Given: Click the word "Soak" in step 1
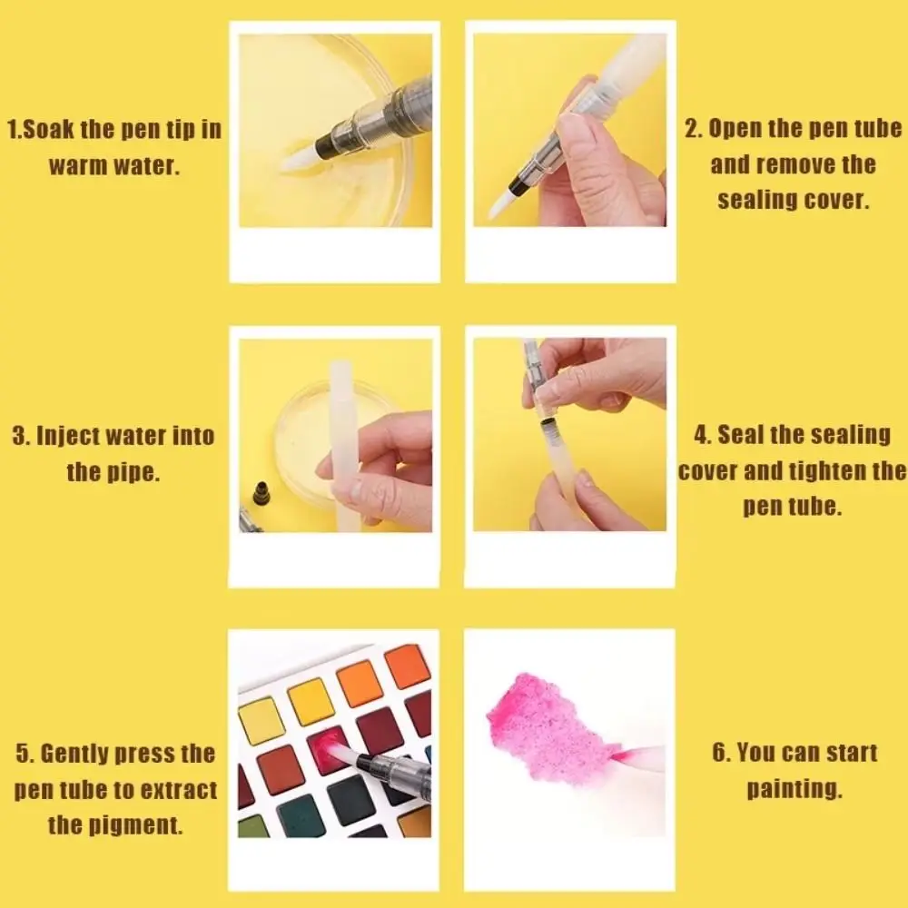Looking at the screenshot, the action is (x=48, y=129).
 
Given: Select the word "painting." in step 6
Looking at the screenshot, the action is (x=794, y=789).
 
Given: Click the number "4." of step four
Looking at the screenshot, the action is (x=704, y=436).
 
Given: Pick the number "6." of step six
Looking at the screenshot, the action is (x=721, y=753).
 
